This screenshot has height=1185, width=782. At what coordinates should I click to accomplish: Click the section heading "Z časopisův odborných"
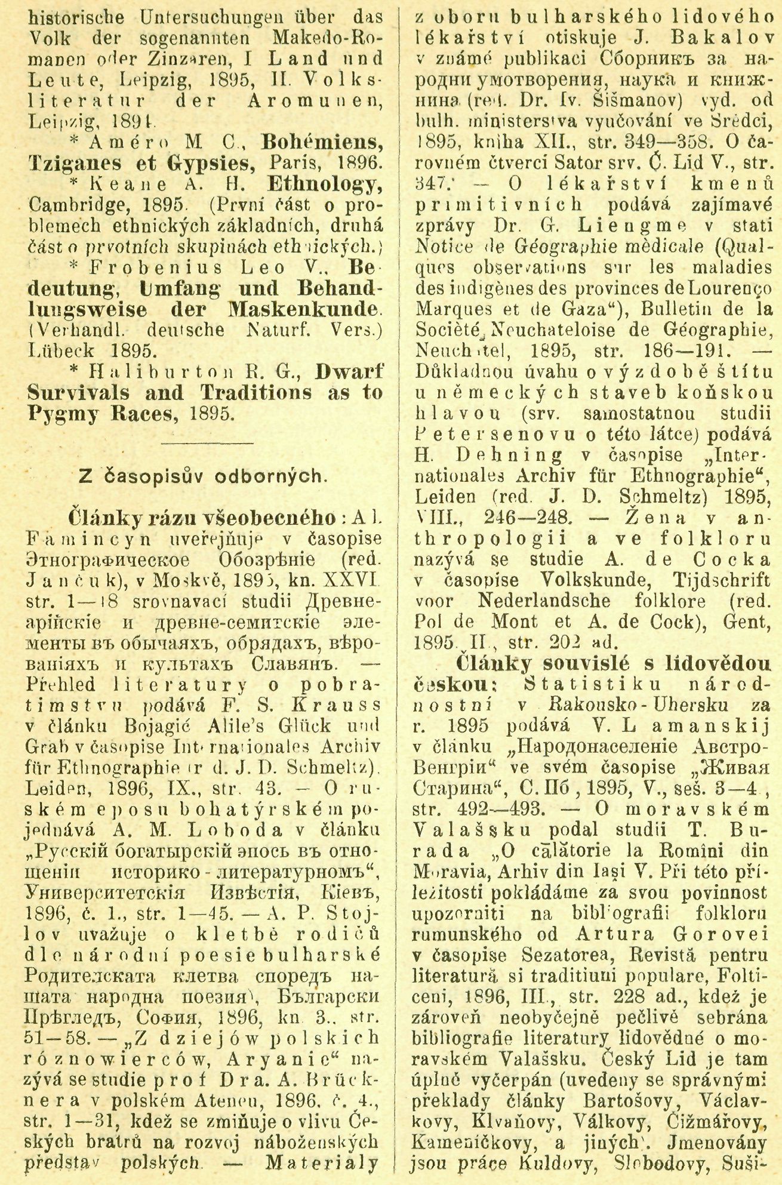[203, 478]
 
